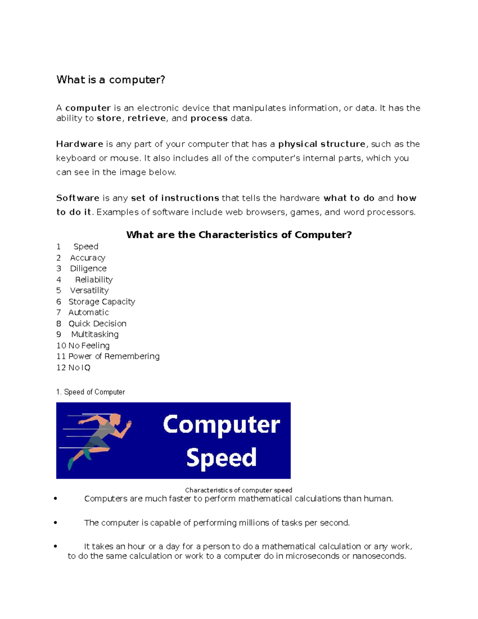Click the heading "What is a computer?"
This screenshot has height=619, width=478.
110,80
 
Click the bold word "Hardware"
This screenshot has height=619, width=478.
80,144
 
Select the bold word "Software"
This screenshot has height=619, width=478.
78,198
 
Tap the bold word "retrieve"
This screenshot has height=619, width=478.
147,118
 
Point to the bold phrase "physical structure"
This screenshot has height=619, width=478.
321,144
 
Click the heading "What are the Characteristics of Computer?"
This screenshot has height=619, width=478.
239,235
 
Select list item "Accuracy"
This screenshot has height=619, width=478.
88,258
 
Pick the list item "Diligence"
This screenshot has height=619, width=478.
88,269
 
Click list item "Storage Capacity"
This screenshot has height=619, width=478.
102,302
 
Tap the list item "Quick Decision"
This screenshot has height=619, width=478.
97,324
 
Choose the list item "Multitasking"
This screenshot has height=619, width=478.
95,334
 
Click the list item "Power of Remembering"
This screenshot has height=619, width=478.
114,356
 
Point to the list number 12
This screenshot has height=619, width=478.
61,367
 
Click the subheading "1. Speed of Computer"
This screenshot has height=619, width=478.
90,392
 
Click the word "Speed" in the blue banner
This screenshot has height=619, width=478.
221,458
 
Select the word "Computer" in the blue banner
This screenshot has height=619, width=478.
221,424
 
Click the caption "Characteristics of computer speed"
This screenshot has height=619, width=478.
238,490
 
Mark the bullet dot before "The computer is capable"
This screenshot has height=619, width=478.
55,523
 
